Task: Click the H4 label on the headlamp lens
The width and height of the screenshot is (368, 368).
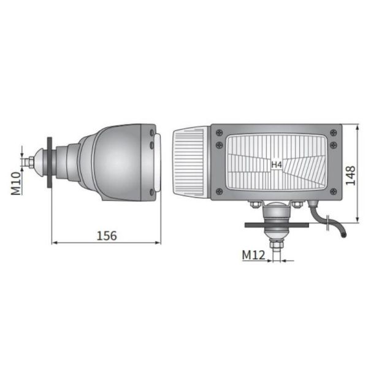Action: tap(277, 164)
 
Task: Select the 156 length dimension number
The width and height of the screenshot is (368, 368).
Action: tap(106, 235)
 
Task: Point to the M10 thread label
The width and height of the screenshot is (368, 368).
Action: tap(17, 183)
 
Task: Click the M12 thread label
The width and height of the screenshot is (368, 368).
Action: tap(253, 255)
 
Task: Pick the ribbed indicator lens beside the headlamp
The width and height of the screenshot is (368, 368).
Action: tap(191, 163)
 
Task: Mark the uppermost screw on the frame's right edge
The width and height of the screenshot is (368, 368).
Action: tap(333, 132)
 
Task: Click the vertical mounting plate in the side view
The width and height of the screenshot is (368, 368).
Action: tap(50, 163)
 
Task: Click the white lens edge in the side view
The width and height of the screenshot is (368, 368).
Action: tap(159, 163)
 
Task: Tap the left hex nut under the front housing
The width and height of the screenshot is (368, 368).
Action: tap(253, 204)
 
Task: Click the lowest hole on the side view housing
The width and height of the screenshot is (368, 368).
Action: tap(151, 192)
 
